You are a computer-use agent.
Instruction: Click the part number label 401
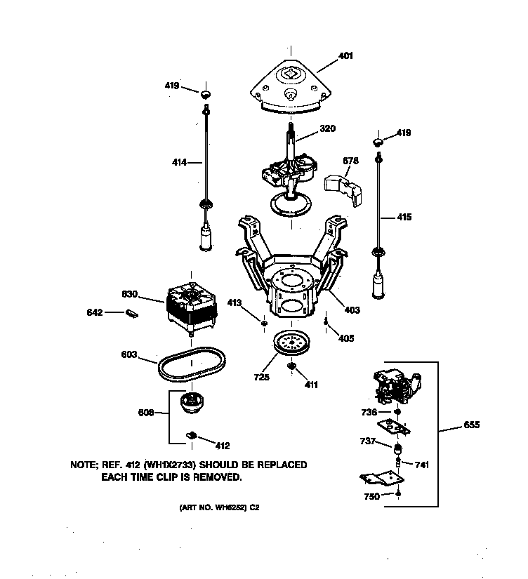click(x=345, y=55)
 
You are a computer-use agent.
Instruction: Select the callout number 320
click(x=327, y=128)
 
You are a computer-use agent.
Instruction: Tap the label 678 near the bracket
click(x=350, y=161)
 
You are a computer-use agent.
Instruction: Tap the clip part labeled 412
click(x=190, y=436)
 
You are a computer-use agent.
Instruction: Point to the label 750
click(x=371, y=496)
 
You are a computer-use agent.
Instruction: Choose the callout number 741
click(x=421, y=465)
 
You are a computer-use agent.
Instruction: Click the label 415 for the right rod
click(x=404, y=218)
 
